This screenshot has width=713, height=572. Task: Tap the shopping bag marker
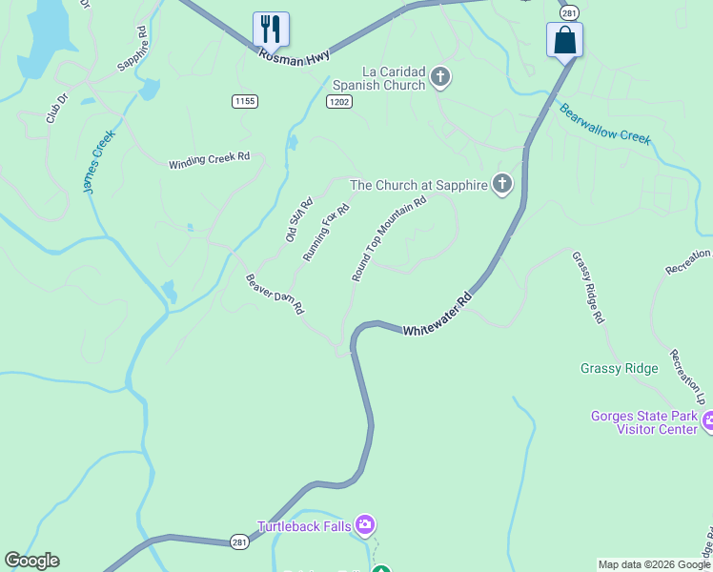[x=564, y=40]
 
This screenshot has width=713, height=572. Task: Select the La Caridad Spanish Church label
[x=393, y=78]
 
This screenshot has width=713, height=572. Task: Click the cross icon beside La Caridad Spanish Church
[x=439, y=76]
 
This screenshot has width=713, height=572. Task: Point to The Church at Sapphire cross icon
[x=502, y=184]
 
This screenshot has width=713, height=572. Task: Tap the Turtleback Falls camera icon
[x=364, y=524]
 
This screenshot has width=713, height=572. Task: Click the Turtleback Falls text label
[x=303, y=526]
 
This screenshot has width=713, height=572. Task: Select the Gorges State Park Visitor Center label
[x=645, y=422]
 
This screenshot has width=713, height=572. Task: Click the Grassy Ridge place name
[x=619, y=369]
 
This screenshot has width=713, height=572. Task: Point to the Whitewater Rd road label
[x=438, y=317]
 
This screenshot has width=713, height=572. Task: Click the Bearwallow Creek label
[x=604, y=123]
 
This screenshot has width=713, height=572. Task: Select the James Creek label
[x=98, y=162]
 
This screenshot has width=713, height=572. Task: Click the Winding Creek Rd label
[x=209, y=161]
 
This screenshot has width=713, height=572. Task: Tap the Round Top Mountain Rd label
[x=388, y=239]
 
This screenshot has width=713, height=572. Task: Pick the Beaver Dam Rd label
[x=275, y=295]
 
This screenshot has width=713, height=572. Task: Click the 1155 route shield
[x=244, y=100]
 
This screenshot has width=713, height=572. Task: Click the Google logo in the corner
[x=31, y=561]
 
